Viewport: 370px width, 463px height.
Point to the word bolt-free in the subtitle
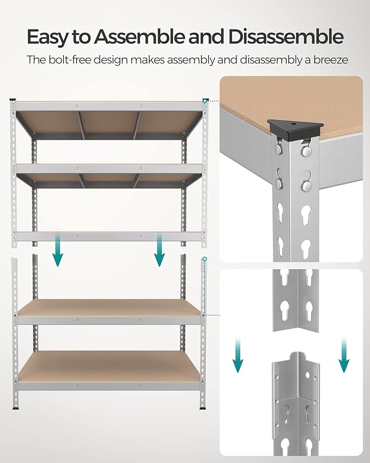click(x=73, y=59)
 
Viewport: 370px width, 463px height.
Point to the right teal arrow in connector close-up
click(x=343, y=355)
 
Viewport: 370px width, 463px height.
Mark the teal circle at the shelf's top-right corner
click(x=205, y=100)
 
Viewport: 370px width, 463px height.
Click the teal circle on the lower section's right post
click(x=205, y=260)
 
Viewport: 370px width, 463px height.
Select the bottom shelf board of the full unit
click(x=109, y=365)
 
